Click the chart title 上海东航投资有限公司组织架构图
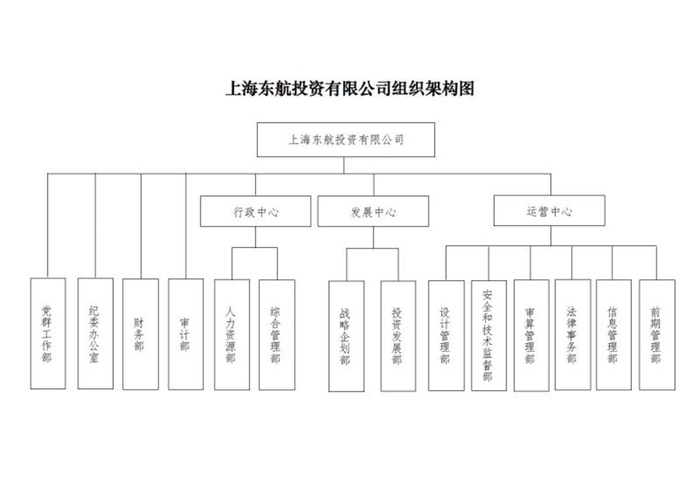349,88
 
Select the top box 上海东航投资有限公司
346,140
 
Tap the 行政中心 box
255,212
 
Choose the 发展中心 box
373,212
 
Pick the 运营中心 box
550,210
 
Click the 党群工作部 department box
48,333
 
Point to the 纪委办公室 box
95,333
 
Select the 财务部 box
141,334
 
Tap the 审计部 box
186,334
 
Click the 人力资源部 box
232,334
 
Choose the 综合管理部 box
277,334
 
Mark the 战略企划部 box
347,336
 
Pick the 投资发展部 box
398,336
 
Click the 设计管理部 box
446,335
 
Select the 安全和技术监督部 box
489,335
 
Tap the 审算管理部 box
532,335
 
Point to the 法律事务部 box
573,334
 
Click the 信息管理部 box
614,334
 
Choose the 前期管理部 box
657,334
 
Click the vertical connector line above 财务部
141,226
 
